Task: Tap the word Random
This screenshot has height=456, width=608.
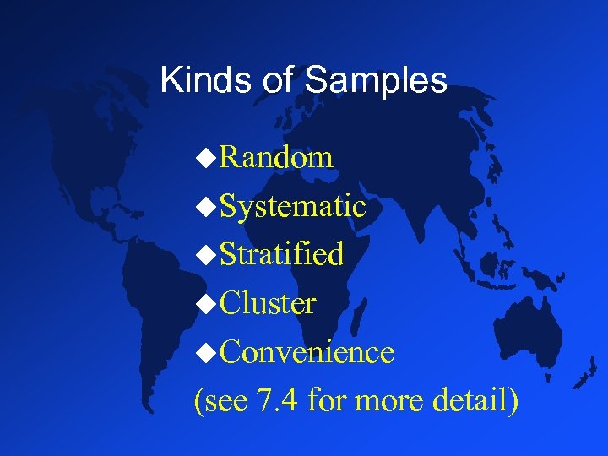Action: point(276,157)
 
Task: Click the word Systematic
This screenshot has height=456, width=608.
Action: point(292,206)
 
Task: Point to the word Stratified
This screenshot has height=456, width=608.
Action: point(281,254)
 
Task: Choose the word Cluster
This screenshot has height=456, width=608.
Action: point(268,303)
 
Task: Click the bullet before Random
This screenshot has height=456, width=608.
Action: point(205,158)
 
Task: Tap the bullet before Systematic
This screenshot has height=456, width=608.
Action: point(205,207)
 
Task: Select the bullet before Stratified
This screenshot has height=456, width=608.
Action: point(205,255)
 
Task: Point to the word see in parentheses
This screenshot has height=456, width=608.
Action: point(225,400)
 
